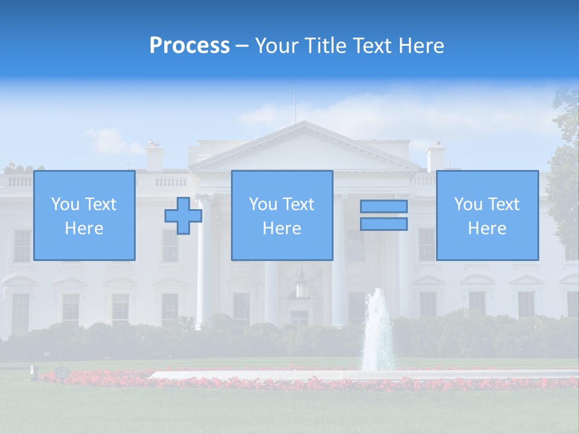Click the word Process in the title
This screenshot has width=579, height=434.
[x=189, y=46]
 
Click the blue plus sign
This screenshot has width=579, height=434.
[x=183, y=216]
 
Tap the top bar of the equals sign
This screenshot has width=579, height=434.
[x=384, y=207]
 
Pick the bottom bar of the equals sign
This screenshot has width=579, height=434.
[x=384, y=224]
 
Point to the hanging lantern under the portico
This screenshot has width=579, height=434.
[x=302, y=287]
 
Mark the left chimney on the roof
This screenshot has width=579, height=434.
[x=155, y=157]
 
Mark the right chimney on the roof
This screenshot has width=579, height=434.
[x=435, y=158]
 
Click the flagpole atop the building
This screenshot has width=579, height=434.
[x=295, y=102]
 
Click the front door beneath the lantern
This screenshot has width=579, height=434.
[x=300, y=317]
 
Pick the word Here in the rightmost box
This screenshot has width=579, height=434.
[x=487, y=228]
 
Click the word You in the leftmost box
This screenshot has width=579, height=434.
[x=65, y=204]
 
